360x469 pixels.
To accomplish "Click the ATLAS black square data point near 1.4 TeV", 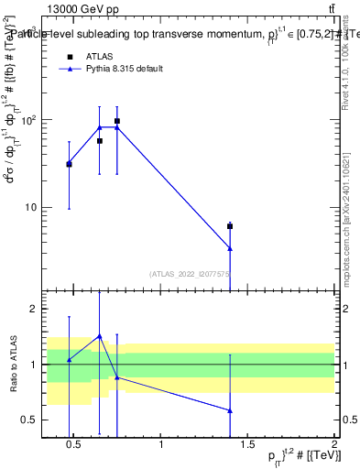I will click(x=230, y=225).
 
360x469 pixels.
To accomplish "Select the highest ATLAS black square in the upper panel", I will click(x=117, y=121).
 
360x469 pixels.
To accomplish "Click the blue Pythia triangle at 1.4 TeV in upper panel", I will click(x=230, y=248).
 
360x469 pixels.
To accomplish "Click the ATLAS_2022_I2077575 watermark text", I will click(x=190, y=273).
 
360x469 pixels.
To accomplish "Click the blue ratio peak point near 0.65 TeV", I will click(x=100, y=336).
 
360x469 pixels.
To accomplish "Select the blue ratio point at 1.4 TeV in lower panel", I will click(x=230, y=410).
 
